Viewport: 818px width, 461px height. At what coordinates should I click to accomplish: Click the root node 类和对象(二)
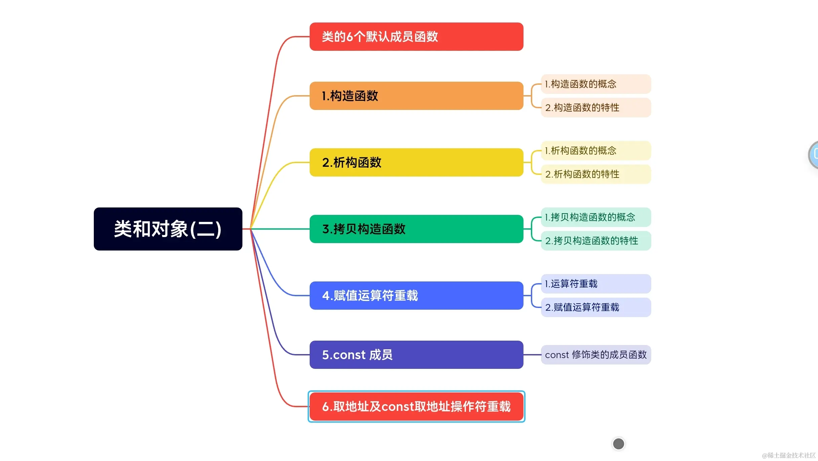(168, 229)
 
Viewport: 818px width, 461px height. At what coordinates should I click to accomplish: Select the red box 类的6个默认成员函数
(416, 37)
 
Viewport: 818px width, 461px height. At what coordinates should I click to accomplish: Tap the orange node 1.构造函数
(416, 96)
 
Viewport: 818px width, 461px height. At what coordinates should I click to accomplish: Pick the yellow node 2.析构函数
(416, 162)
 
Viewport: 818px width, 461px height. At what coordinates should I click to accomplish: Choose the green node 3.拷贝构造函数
(416, 229)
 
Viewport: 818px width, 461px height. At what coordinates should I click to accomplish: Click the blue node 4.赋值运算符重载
(416, 296)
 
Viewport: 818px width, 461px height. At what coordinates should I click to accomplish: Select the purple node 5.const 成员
(416, 355)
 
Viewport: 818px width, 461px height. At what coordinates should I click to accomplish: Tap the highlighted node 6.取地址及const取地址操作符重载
(416, 407)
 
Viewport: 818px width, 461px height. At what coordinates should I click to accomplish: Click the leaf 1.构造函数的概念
(596, 84)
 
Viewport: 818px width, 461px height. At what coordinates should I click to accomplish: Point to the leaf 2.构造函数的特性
(596, 108)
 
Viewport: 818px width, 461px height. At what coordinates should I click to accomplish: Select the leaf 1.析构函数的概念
(596, 151)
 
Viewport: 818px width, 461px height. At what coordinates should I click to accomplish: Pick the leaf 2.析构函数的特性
(596, 174)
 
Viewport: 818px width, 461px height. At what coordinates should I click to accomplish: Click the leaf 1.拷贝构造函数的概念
(596, 217)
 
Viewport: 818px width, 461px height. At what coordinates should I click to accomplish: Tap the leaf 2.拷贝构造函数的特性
(596, 241)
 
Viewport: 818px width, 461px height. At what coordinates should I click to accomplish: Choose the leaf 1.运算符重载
(596, 284)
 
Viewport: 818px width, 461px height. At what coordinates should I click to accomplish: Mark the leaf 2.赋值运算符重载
(596, 307)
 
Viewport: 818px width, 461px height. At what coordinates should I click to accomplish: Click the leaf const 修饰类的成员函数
(596, 355)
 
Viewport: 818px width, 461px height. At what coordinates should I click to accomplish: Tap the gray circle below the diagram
(618, 444)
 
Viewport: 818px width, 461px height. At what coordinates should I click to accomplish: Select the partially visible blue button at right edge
(814, 155)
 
